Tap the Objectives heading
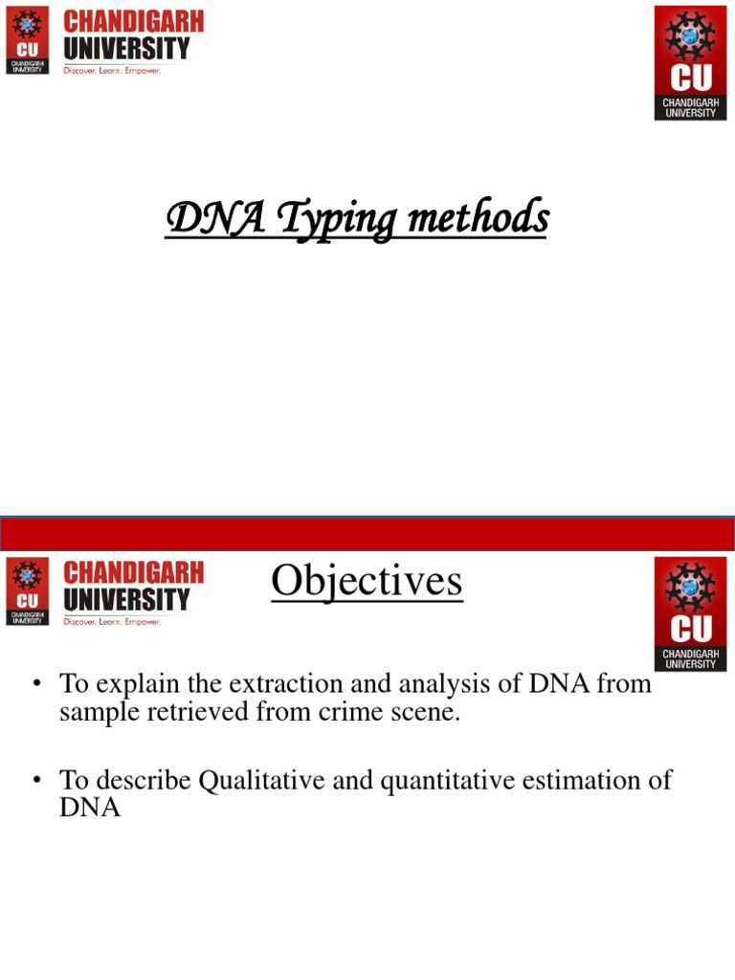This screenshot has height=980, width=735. click(x=367, y=581)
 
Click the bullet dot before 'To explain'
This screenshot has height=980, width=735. click(x=37, y=685)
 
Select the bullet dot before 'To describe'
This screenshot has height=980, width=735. click(x=37, y=781)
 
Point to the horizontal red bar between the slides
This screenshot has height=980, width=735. click(x=367, y=532)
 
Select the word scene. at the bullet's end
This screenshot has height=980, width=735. click(x=423, y=713)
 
